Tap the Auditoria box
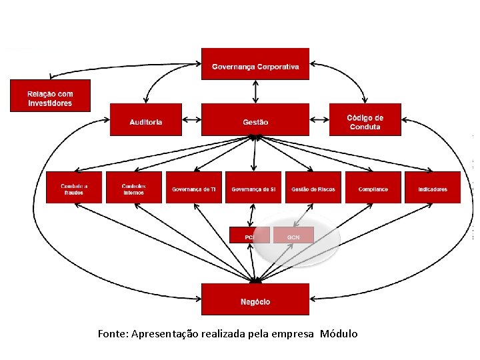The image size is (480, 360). coord(145,121)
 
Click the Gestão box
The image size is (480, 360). coord(255,121)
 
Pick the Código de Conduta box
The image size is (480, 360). coord(365,121)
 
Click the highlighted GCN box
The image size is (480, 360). coord(293,236)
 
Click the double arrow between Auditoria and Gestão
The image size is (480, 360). coord(191,120)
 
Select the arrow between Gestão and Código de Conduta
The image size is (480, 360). coord(319,120)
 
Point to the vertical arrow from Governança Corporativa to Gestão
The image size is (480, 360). coord(255,92)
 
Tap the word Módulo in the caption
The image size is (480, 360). coord(339,333)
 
